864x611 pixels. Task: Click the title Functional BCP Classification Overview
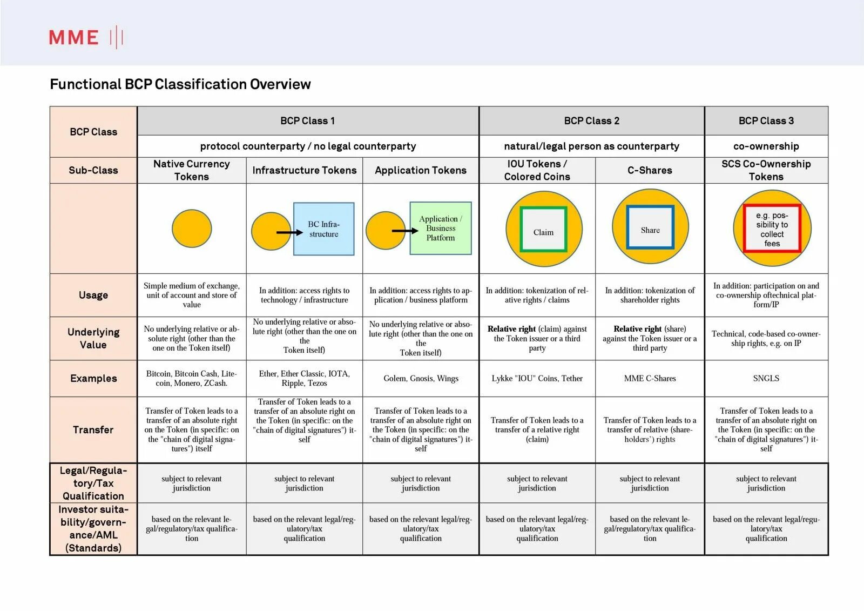pos(180,84)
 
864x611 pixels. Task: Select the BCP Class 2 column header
pos(591,121)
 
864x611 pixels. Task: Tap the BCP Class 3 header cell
pos(766,121)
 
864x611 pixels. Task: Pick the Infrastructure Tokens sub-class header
pos(304,170)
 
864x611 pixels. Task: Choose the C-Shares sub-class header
pos(650,170)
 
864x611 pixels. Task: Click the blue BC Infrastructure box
pos(323,229)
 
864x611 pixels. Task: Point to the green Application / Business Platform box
pos(441,228)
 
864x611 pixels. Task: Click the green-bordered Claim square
pos(543,230)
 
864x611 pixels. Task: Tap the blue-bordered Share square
pos(650,228)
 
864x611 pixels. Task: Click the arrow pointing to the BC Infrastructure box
pos(289,232)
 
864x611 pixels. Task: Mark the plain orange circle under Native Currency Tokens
pos(192,229)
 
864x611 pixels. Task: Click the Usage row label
pos(93,295)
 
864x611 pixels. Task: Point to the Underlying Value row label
pos(93,338)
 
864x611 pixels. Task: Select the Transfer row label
pos(93,429)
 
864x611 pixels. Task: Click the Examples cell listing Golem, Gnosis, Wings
pos(421,378)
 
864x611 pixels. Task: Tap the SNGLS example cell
pos(766,378)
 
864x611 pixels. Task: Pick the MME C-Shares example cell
pos(650,378)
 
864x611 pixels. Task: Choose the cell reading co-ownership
pos(766,146)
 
